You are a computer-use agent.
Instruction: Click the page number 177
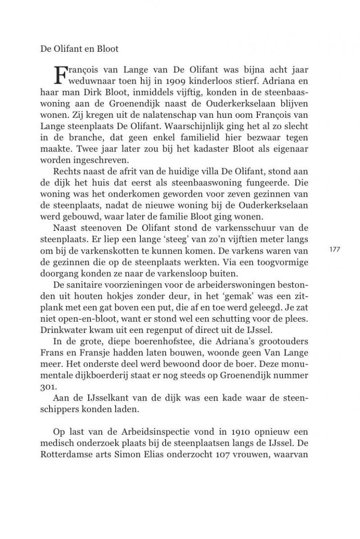click(335, 249)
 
